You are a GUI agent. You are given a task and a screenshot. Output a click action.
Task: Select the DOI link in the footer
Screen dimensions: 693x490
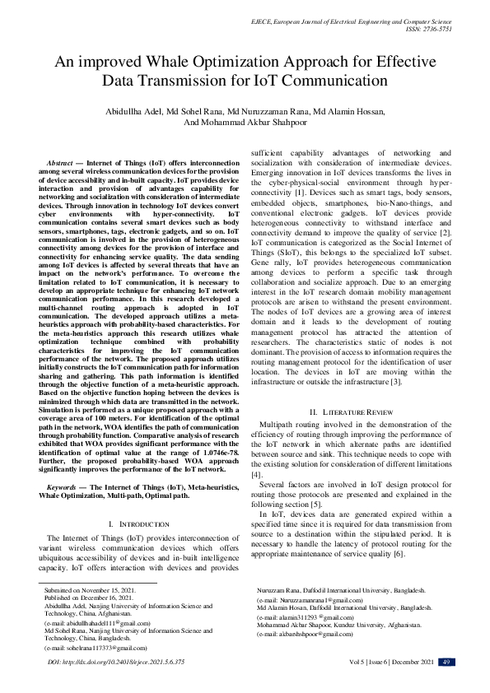[x=116, y=663]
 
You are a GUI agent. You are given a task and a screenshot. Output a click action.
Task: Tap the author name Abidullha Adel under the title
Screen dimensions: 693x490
[x=133, y=111]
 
